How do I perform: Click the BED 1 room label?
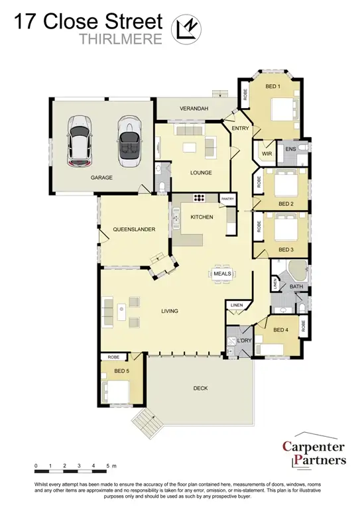[x=273, y=87]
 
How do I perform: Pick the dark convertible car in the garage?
[x=128, y=142]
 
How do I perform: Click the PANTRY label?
[x=227, y=198]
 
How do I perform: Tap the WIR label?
[x=267, y=154]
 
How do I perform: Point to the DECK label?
[x=202, y=388]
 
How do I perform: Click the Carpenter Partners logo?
[x=314, y=453]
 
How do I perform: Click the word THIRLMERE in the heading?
[x=121, y=38]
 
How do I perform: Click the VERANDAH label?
[x=194, y=109]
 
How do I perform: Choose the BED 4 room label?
[x=280, y=329]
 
